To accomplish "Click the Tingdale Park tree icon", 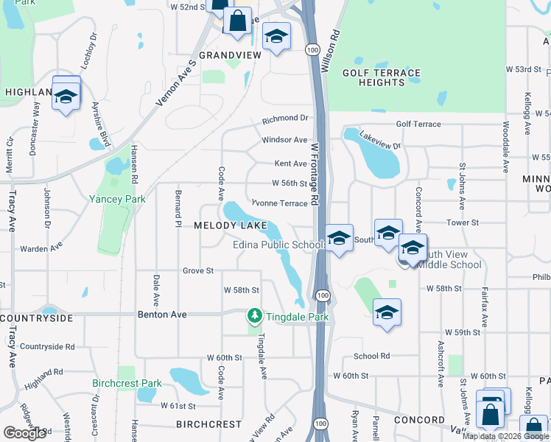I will pyautogui.click(x=255, y=315).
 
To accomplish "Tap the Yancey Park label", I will pyautogui.click(x=117, y=199).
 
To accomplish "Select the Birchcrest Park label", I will pyautogui.click(x=127, y=384).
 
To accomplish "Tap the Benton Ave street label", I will pyautogui.click(x=163, y=315).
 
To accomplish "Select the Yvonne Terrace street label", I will pyautogui.click(x=279, y=203).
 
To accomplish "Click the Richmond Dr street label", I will pyautogui.click(x=285, y=118).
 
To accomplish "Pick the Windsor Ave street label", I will pyautogui.click(x=284, y=140).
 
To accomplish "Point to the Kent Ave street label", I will pyautogui.click(x=290, y=164).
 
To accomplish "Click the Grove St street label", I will pyautogui.click(x=198, y=271).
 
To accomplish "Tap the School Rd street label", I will pyautogui.click(x=371, y=356).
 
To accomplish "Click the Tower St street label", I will pyautogui.click(x=463, y=222).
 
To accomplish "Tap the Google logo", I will pyautogui.click(x=24, y=433).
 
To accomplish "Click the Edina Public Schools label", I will pyautogui.click(x=279, y=245).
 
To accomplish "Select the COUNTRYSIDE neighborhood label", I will pyautogui.click(x=37, y=318).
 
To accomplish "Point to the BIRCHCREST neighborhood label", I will pyautogui.click(x=208, y=424).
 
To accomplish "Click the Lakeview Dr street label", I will pyautogui.click(x=380, y=141).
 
